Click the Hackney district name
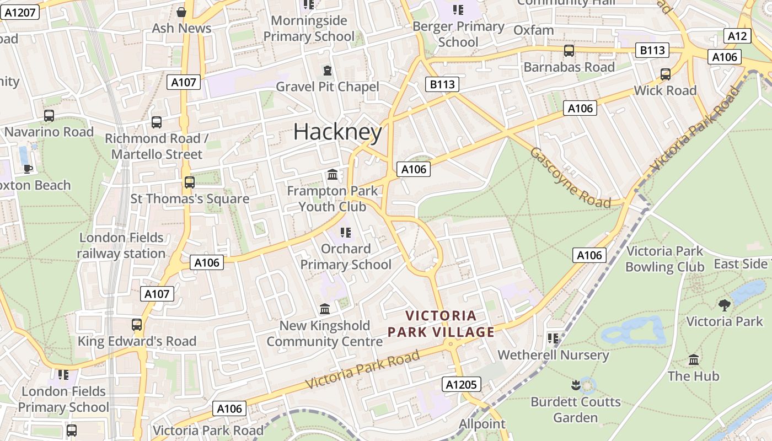tap(337, 132)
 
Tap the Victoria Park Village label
tap(441, 324)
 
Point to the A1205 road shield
tap(461, 384)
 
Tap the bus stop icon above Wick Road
tap(666, 74)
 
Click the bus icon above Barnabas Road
tap(569, 51)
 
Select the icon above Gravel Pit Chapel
tap(328, 71)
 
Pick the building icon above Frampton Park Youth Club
tap(333, 175)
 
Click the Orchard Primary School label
tap(346, 257)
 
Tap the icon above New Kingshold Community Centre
tap(325, 309)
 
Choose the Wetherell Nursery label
tap(553, 355)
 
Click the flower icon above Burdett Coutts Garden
tap(576, 385)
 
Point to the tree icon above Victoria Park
tap(725, 305)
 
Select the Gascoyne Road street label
tap(570, 178)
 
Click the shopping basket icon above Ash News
tap(181, 12)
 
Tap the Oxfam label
tap(533, 30)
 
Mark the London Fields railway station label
tap(121, 246)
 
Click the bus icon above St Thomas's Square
tap(190, 182)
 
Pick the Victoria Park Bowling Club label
tap(664, 259)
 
